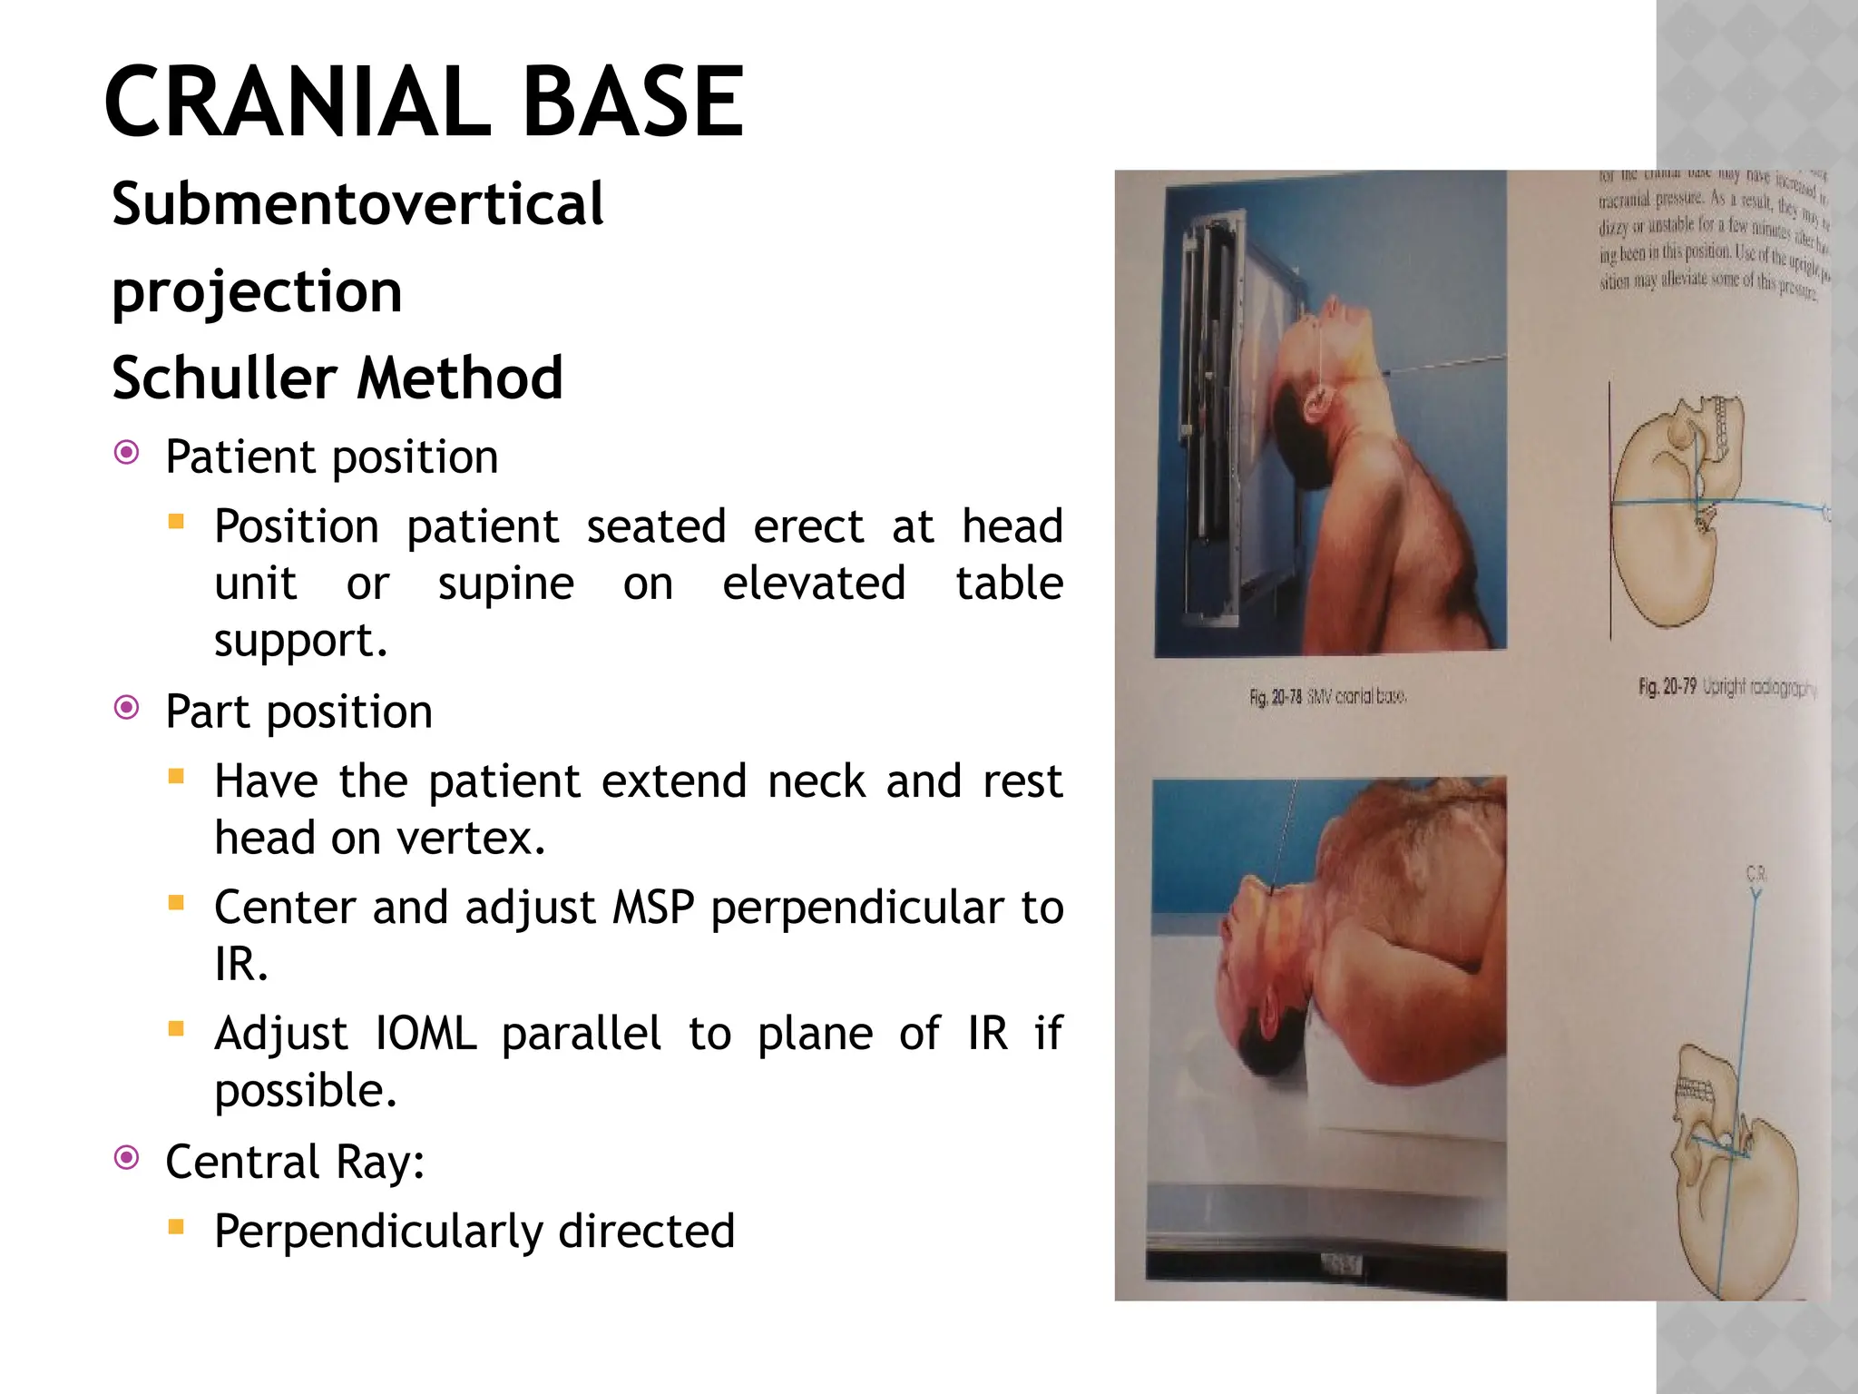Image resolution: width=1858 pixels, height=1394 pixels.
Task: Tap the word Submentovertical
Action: (357, 204)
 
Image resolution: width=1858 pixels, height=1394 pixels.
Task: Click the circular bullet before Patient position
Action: (127, 452)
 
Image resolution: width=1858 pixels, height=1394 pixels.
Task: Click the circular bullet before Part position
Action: (127, 707)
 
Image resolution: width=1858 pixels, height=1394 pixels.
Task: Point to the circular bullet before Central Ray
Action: (127, 1157)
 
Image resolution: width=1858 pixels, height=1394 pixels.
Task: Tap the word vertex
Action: (471, 838)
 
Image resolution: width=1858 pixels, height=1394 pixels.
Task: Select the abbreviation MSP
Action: (653, 908)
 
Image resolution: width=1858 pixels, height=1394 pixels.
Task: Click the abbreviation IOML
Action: (425, 1034)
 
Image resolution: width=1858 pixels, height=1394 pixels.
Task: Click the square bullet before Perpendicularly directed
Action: (176, 1228)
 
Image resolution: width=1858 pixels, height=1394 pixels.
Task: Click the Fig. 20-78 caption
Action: (1327, 697)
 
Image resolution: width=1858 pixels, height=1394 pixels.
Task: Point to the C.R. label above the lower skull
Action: (1755, 875)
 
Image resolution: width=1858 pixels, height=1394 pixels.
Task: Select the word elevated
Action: (814, 584)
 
